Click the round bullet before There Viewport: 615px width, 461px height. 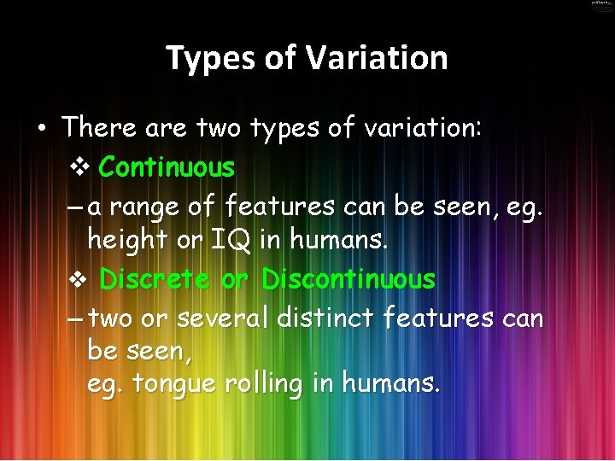tap(41, 129)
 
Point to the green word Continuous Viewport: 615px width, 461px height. tap(167, 167)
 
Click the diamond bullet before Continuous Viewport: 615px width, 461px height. tap(79, 167)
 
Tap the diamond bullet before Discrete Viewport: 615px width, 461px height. tap(79, 280)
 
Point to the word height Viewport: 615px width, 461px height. tap(126, 242)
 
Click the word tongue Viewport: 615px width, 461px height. tap(175, 385)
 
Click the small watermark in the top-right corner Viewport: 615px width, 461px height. tap(601, 4)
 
